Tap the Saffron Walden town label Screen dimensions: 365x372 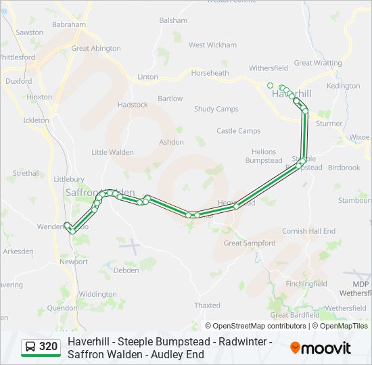click(x=100, y=193)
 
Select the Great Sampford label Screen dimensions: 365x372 click(x=249, y=243)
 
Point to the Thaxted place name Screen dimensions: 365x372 click(x=208, y=306)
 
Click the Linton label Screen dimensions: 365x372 click(x=147, y=77)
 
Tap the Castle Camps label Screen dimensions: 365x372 click(x=238, y=131)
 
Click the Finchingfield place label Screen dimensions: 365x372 click(x=306, y=284)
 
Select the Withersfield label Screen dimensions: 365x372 click(x=269, y=68)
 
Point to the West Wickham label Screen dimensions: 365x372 click(x=212, y=45)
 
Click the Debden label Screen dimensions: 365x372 click(x=126, y=270)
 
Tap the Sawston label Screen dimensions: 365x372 click(x=29, y=32)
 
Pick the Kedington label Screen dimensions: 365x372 click(x=343, y=87)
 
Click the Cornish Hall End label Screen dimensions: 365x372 click(x=308, y=231)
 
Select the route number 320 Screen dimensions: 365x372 click(x=48, y=347)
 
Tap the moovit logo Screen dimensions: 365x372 click(x=321, y=348)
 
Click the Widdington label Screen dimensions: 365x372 click(x=97, y=294)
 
